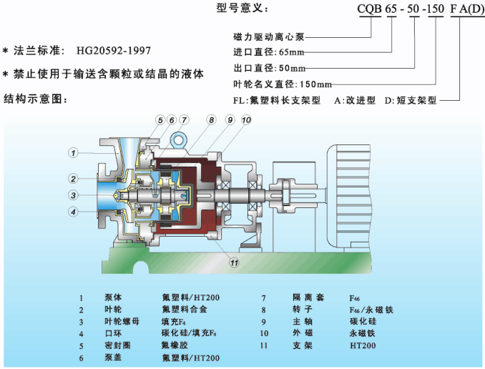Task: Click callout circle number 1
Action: pyautogui.click(x=73, y=152)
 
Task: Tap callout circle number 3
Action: pyautogui.click(x=73, y=195)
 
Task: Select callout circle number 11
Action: pyautogui.click(x=233, y=262)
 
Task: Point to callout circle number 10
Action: pyautogui.click(x=246, y=120)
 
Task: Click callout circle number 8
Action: pyautogui.click(x=212, y=120)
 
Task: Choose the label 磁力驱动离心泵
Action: pyautogui.click(x=268, y=36)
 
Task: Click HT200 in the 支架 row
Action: pyautogui.click(x=362, y=345)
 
